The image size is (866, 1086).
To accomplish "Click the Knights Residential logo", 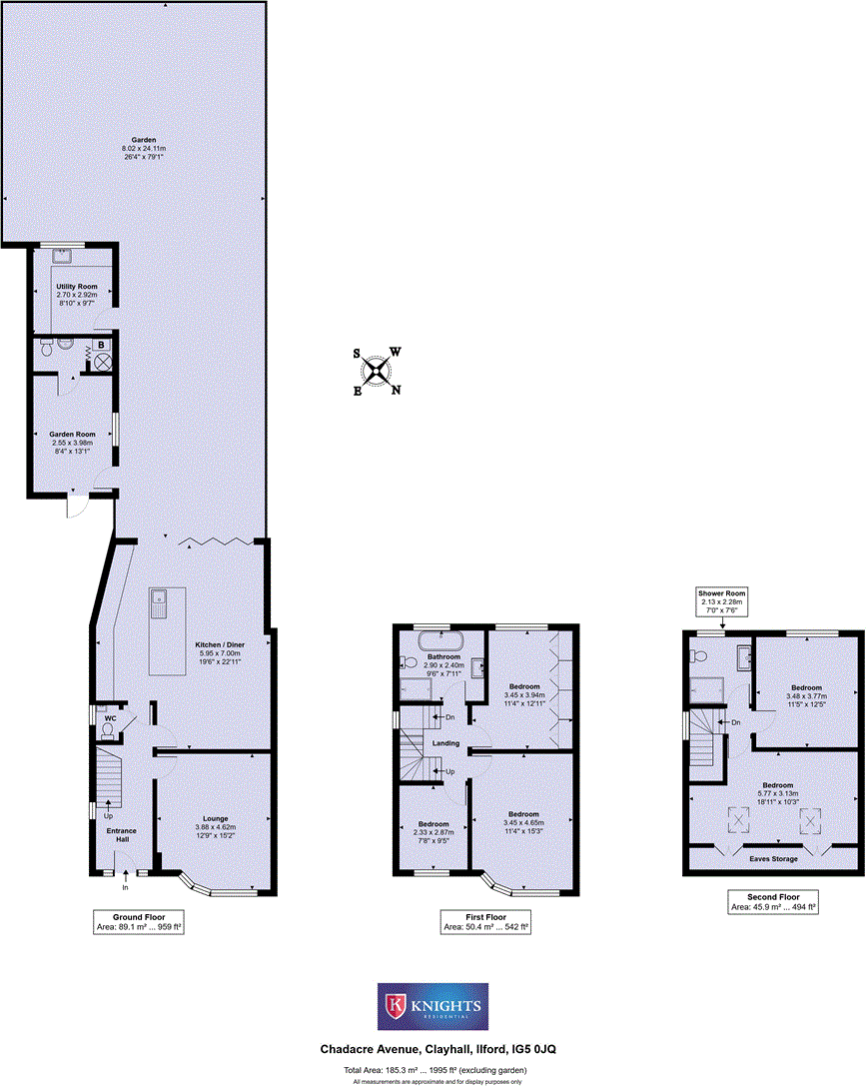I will (433, 1006).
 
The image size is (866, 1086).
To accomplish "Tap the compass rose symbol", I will (377, 371).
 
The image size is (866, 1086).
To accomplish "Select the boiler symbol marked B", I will (103, 347).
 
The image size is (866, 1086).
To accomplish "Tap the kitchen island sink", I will (158, 602).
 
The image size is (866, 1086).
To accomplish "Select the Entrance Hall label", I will (122, 834).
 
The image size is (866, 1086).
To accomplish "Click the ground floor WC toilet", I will (107, 728).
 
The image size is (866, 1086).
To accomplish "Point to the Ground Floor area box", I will (138, 921).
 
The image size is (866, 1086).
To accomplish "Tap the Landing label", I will (445, 742).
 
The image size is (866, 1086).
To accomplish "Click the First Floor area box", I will (485, 921).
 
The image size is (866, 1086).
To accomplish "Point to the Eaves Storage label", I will (774, 858).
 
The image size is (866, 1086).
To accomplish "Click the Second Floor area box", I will (773, 902).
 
